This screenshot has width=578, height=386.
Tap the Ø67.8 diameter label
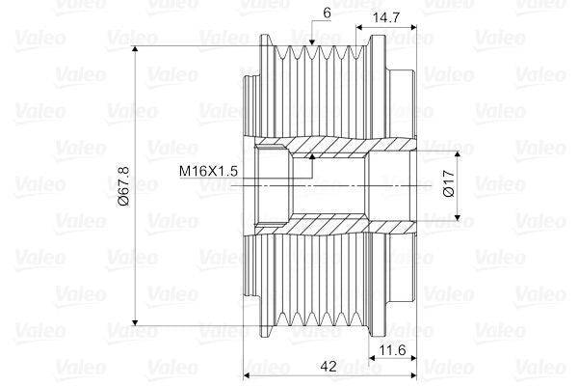(x=123, y=189)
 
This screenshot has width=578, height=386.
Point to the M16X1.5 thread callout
(x=207, y=171)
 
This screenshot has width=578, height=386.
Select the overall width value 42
(x=329, y=366)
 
